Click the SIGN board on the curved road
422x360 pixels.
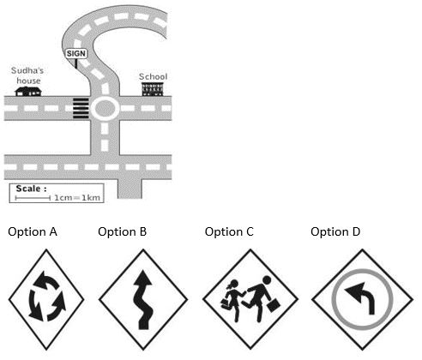[x=76, y=54]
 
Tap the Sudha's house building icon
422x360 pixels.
[x=28, y=92]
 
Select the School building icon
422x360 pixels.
[x=153, y=89]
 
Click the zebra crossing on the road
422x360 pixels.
[x=81, y=108]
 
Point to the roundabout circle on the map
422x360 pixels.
[x=105, y=109]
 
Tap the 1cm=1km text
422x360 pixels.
[x=77, y=198]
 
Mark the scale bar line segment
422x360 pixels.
[x=33, y=198]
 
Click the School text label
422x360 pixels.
[x=153, y=76]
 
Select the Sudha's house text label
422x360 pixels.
[x=27, y=75]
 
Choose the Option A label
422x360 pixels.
[x=33, y=231]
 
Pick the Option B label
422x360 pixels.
[x=123, y=231]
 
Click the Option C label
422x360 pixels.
[x=229, y=231]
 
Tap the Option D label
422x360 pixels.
[x=335, y=231]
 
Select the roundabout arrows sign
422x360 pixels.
[x=46, y=299]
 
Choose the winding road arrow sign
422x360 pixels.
[x=143, y=299]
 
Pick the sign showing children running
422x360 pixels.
[x=250, y=299]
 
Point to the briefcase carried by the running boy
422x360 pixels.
[x=274, y=305]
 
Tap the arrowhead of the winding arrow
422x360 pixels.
[x=143, y=279]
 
